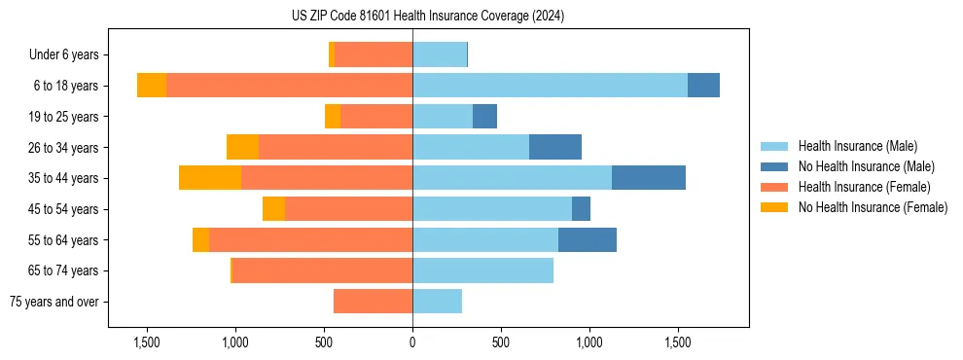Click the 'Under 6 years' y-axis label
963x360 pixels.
[70, 55]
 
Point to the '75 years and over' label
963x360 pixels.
[59, 302]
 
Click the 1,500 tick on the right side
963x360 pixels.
[678, 343]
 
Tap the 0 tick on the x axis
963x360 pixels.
[412, 343]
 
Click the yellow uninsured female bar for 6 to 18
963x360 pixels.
[152, 86]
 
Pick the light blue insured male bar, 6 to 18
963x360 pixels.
[550, 86]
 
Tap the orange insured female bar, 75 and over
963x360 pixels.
[373, 302]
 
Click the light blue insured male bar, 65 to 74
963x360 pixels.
[482, 270]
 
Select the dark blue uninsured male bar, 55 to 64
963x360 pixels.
[588, 239]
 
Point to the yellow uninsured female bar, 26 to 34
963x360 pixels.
[242, 147]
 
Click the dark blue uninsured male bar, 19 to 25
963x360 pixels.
[484, 117]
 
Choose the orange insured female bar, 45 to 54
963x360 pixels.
[348, 209]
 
